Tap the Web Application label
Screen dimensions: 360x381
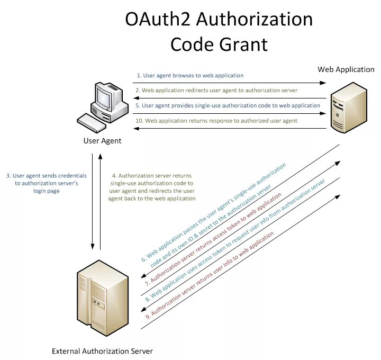click(x=346, y=69)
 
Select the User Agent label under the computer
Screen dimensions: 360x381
click(x=102, y=141)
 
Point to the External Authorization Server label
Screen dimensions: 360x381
click(x=102, y=351)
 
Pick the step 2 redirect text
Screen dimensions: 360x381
click(x=216, y=91)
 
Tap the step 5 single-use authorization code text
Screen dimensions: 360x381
click(x=228, y=105)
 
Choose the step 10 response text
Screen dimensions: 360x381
click(x=216, y=121)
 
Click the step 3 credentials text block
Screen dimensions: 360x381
click(x=46, y=183)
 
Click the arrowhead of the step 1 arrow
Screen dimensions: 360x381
click(x=323, y=83)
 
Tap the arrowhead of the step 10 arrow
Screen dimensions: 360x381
click(x=135, y=129)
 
